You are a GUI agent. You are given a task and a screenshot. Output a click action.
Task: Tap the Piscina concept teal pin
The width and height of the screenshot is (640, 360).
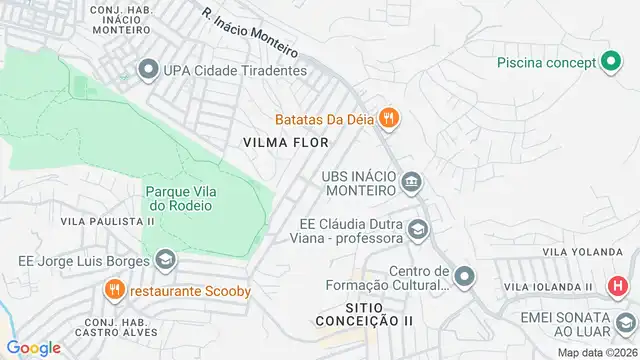click(x=611, y=62)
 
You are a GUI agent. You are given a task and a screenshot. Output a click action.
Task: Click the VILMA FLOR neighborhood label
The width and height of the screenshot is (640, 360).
click(x=286, y=143)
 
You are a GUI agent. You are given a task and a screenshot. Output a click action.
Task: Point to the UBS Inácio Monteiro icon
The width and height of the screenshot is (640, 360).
click(x=411, y=183)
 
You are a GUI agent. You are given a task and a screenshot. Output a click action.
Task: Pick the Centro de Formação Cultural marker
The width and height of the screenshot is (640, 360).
click(x=463, y=275)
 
